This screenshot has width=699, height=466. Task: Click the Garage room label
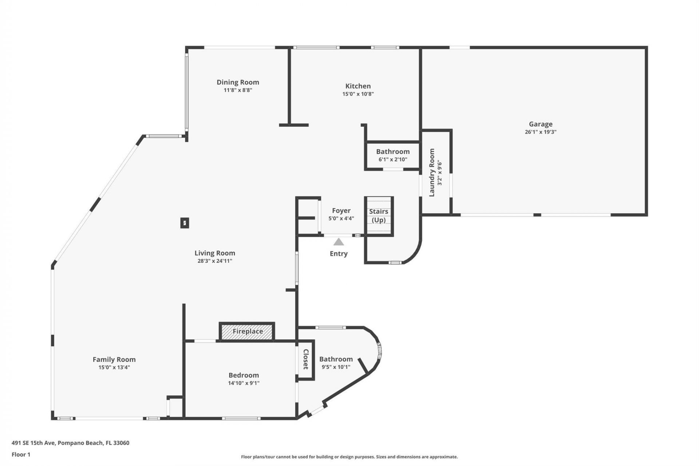(x=540, y=124)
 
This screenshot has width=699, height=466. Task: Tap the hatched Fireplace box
(x=247, y=332)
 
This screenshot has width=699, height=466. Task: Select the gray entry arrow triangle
(x=339, y=242)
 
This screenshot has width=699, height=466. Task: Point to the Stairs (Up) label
(x=379, y=216)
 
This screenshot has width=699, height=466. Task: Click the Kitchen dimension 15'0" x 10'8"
(x=358, y=94)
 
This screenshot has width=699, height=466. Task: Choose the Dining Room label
(x=238, y=82)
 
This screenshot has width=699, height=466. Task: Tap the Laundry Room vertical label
(x=432, y=173)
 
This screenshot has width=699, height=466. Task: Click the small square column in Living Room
(x=185, y=223)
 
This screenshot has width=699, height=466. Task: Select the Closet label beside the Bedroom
(x=306, y=359)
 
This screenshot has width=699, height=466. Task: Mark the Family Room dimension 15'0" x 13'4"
(x=114, y=367)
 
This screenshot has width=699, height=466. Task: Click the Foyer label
(x=341, y=210)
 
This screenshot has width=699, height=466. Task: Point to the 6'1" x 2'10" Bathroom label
(x=392, y=151)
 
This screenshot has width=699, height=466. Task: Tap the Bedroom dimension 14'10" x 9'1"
(x=244, y=383)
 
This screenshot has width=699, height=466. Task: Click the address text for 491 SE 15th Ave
(x=70, y=443)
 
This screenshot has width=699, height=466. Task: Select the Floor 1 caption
(x=21, y=454)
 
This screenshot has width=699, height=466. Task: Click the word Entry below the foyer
(x=339, y=254)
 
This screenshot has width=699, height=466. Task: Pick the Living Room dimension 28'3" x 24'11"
(x=214, y=261)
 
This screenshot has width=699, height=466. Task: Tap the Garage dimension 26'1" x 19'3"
(x=540, y=132)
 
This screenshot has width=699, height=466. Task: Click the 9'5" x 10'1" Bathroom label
(x=336, y=359)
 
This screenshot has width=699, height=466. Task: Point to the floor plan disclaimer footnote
(x=349, y=457)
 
